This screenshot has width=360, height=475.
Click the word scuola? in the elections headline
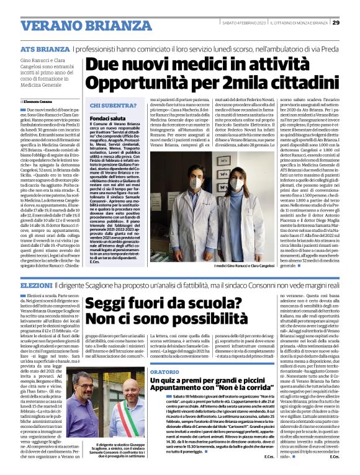204,304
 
